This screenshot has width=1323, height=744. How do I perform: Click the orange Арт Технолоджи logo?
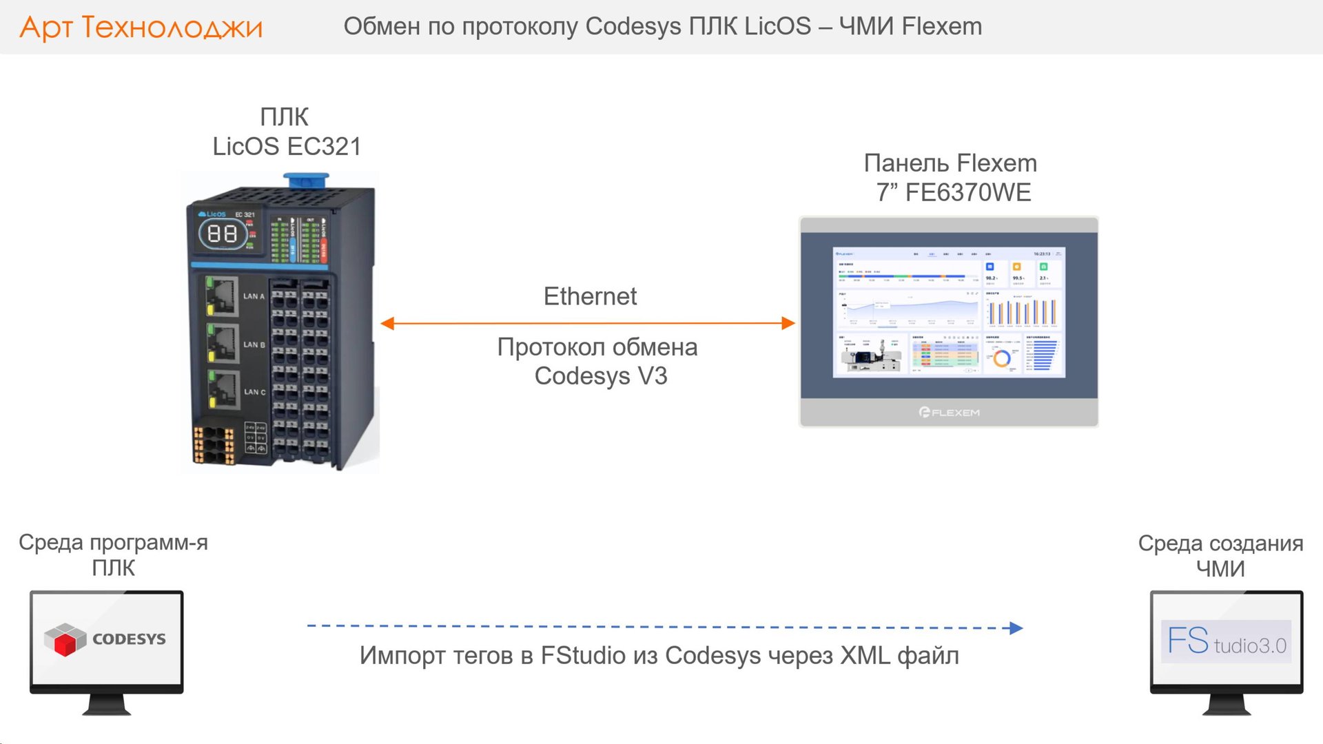coord(141,28)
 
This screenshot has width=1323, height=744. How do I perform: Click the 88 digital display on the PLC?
coord(222,234)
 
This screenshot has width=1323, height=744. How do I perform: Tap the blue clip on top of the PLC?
coord(306,180)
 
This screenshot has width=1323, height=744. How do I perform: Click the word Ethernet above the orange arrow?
coord(590,296)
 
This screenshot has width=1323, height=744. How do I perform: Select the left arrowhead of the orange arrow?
coord(388,323)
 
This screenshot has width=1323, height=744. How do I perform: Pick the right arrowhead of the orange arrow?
coord(788,323)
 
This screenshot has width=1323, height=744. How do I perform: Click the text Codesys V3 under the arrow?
coord(601,376)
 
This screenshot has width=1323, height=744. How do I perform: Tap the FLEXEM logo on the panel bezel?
coord(949,412)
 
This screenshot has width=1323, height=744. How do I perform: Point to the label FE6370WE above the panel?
coord(967,193)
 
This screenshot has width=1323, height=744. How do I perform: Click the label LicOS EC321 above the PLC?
coord(287,147)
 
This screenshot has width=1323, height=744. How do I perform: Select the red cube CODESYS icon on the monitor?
coord(65,639)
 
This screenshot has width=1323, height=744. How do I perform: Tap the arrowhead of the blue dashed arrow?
coord(1016,628)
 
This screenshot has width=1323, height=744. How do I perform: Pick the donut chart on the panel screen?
coord(1002,358)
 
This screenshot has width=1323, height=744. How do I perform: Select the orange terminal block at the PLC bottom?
coord(213,444)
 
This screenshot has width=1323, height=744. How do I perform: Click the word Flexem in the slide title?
coord(942,26)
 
